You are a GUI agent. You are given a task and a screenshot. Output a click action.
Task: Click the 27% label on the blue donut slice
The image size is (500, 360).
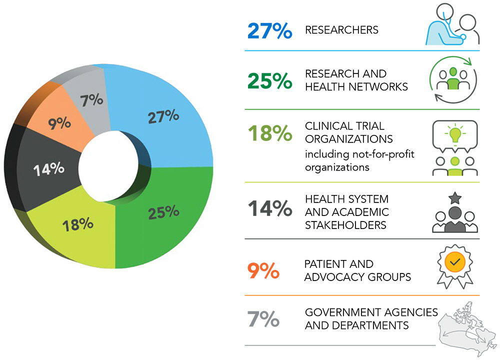(163, 117)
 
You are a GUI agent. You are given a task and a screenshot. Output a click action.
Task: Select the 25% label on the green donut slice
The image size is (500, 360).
(163, 212)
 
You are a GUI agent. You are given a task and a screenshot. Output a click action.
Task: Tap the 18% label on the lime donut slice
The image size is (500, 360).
(78, 224)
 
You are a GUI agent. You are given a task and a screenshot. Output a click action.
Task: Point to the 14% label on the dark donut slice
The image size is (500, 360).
(48, 169)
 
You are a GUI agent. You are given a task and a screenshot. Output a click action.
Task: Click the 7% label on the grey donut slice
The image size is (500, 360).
(92, 100)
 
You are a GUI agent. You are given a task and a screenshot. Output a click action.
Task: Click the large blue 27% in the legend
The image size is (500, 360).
(269, 30)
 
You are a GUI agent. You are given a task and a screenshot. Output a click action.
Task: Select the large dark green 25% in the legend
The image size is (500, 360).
(269, 80)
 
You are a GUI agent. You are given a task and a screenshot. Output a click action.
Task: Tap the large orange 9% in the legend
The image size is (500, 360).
(263, 270)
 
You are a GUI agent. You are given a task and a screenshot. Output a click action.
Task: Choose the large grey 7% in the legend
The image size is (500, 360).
(263, 319)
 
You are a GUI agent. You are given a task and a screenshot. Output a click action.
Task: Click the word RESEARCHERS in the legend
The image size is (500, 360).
(341, 30)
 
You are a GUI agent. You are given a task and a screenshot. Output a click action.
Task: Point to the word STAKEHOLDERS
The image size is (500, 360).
(345, 225)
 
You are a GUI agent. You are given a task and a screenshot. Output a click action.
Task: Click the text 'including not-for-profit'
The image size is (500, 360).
(360, 153)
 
